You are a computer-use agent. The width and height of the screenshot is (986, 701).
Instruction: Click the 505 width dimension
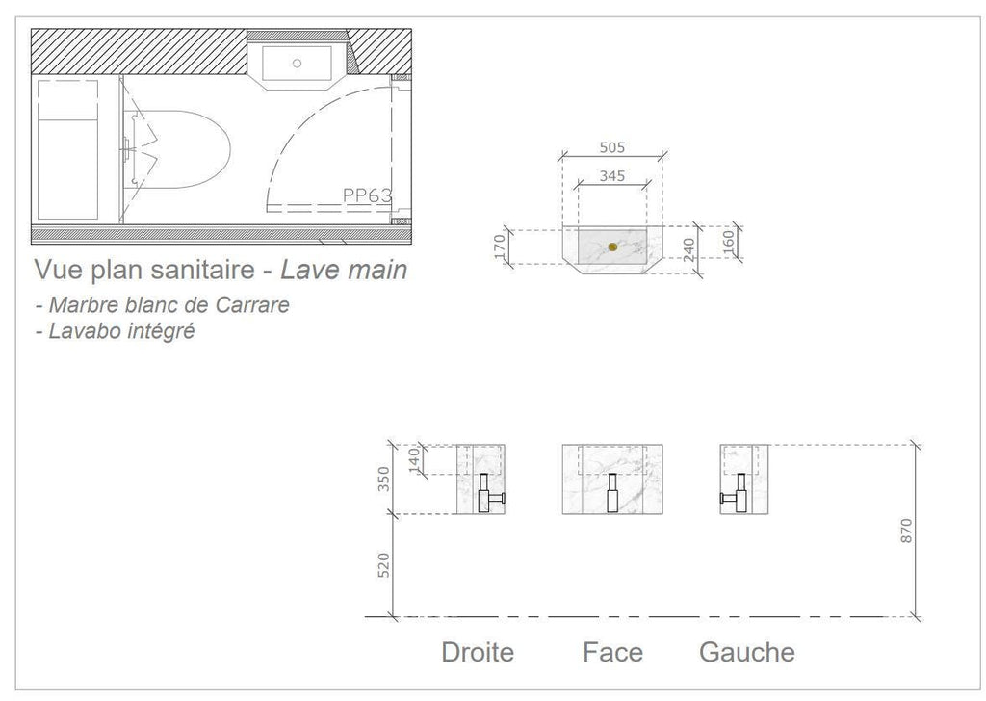(611, 147)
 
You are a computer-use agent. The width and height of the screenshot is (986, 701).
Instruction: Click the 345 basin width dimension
(611, 176)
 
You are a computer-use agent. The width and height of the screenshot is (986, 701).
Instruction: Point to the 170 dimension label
(501, 247)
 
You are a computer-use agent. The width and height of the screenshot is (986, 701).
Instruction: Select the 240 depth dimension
(689, 249)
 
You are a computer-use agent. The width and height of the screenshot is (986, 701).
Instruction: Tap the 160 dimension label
(728, 242)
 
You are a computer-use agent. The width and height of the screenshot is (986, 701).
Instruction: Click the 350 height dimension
(383, 480)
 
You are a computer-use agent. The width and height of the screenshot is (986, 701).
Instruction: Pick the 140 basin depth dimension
(414, 460)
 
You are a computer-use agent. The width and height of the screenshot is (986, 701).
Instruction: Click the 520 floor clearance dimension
(383, 565)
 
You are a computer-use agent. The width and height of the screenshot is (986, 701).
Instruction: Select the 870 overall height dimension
(906, 532)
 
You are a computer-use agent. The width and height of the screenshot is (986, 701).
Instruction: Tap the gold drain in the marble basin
(612, 247)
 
